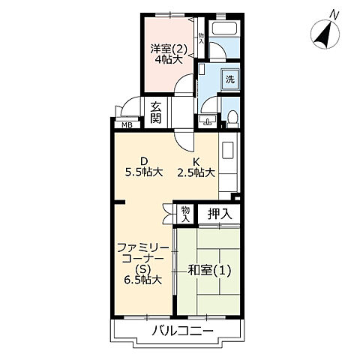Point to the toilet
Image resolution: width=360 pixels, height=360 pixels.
click(234, 117)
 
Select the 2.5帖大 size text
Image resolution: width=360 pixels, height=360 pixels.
click(196, 172)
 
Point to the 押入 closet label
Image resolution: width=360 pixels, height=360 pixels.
click(220, 214)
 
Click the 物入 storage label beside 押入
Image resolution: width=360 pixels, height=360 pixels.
click(185, 214)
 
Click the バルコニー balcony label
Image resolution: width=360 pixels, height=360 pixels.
click(181, 331)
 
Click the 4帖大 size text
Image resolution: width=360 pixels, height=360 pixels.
click(169, 59)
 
